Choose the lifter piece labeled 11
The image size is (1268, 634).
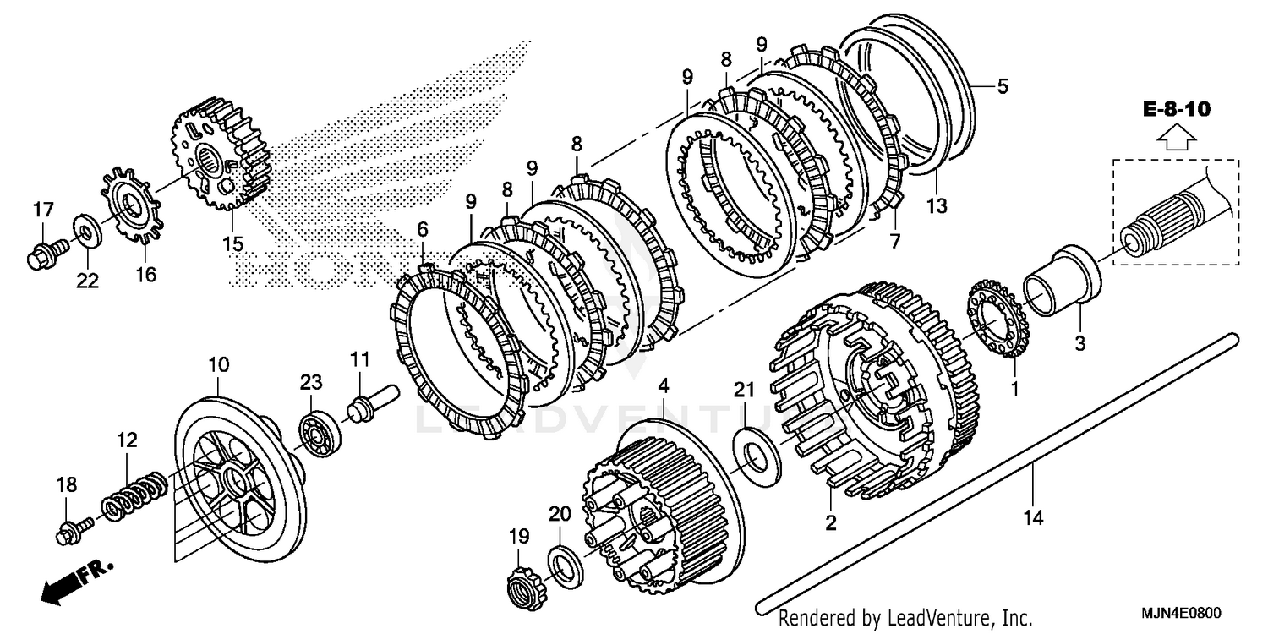tap(371, 403)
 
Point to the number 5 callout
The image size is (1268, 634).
tap(1002, 85)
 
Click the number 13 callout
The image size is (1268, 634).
tap(937, 205)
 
